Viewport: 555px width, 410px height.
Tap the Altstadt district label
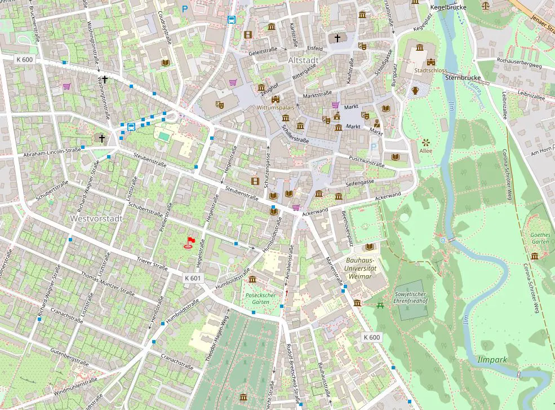[x=303, y=60]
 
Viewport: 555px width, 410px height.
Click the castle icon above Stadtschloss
[x=432, y=62]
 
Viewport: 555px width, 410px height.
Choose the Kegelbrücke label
[x=449, y=8]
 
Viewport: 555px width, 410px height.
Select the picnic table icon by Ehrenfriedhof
[x=381, y=305]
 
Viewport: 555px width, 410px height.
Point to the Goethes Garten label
[x=539, y=238]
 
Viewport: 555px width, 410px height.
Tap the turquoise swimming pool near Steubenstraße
[x=163, y=136]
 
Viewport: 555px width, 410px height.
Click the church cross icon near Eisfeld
[x=338, y=38]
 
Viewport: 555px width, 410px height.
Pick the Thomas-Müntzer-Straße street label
[x=108, y=283]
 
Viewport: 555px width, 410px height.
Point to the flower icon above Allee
[x=425, y=142]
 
